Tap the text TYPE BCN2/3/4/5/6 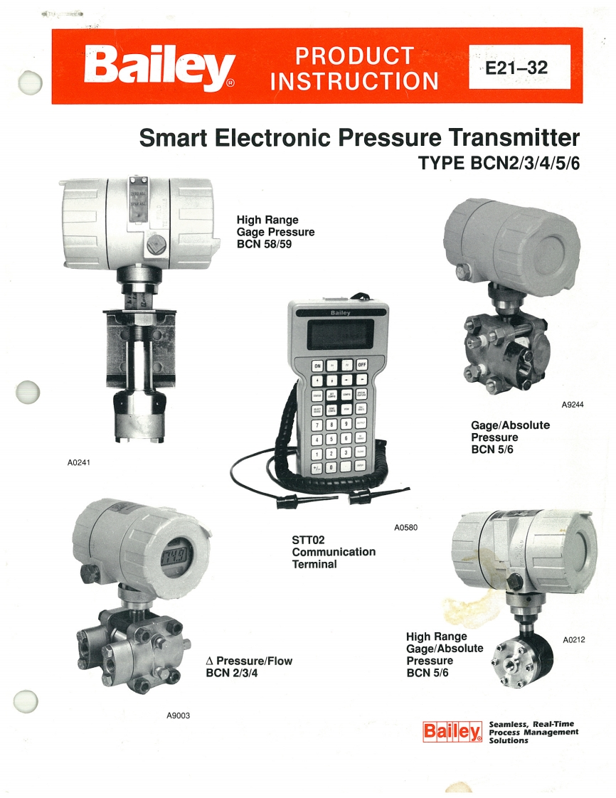click(x=499, y=163)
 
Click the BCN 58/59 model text click(x=266, y=243)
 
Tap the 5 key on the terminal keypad click(x=331, y=438)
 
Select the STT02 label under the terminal click(x=309, y=539)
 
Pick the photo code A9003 click(x=179, y=715)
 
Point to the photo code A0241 click(x=79, y=462)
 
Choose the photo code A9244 click(x=573, y=405)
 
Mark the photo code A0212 click(x=573, y=640)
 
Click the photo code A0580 click(x=405, y=527)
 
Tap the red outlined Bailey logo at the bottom click(x=452, y=731)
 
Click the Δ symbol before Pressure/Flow click(x=210, y=661)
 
